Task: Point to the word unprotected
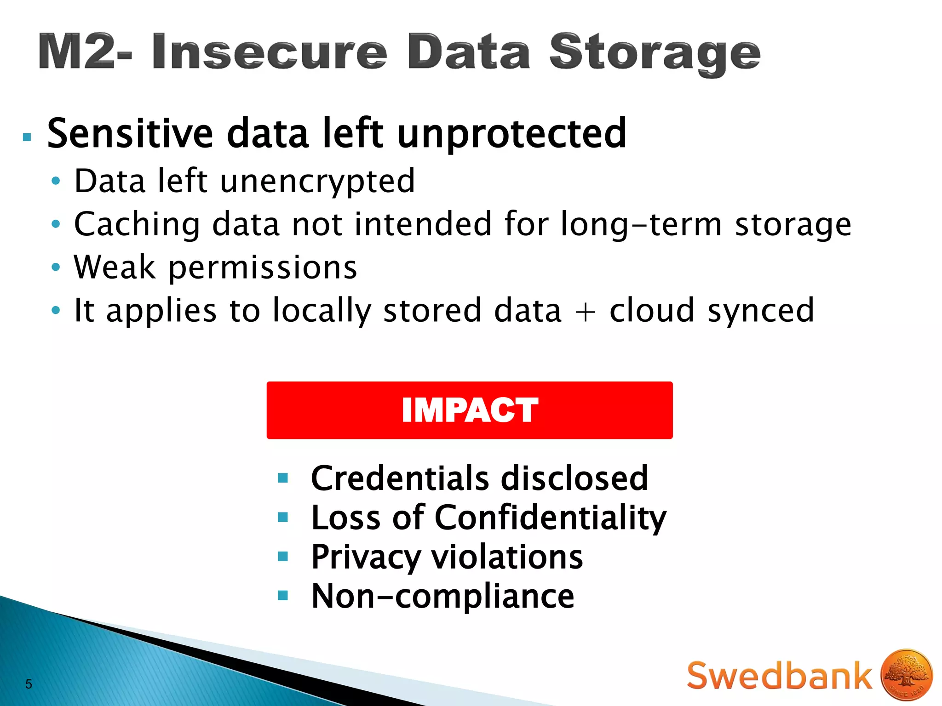[x=511, y=134]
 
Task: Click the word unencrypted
[x=317, y=181]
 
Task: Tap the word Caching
[x=137, y=225]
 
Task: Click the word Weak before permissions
[x=115, y=267]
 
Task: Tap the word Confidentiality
[x=550, y=518]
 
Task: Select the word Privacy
[x=366, y=558]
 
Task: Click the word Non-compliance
[x=442, y=596]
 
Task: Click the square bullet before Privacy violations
[x=283, y=557]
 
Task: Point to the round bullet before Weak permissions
[x=56, y=267]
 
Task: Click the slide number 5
[x=29, y=684]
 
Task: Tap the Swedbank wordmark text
[x=779, y=676]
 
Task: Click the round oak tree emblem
[x=907, y=675]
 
